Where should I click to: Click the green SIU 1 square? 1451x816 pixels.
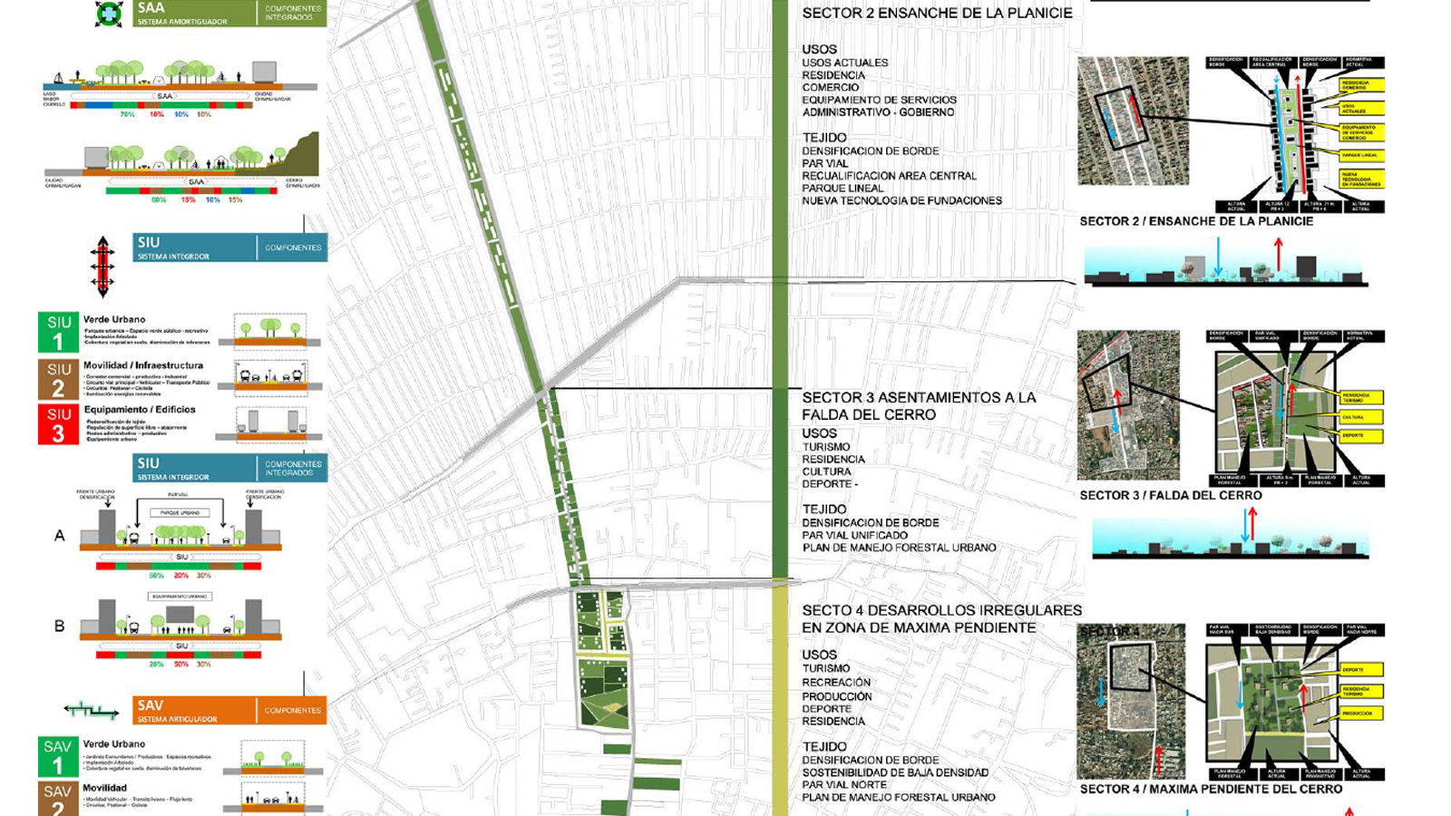point(58,333)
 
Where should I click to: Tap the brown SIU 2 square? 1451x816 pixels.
point(58,379)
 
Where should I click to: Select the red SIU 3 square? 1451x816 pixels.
point(58,423)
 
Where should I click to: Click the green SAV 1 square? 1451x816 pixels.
point(57,756)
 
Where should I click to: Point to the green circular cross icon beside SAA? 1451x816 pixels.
point(109,15)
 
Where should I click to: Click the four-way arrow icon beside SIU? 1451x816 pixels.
point(102,267)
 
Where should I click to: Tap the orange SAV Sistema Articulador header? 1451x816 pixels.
point(229,710)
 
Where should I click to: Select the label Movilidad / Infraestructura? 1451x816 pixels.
point(143,365)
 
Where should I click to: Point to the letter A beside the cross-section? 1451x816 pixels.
point(60,536)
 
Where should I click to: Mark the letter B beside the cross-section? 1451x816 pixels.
point(60,626)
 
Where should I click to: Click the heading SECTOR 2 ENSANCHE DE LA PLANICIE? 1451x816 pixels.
point(937,14)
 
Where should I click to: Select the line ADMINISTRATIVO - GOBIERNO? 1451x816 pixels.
point(878,112)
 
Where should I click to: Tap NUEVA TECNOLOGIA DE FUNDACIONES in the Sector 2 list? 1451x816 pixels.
point(901,200)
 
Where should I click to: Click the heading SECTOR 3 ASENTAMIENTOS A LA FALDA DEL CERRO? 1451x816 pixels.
point(919,405)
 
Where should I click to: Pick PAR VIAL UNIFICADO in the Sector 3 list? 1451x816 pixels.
point(854,535)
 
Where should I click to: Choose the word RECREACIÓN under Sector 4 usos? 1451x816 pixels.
point(836,682)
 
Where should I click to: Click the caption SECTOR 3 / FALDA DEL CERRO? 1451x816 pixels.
point(1170,495)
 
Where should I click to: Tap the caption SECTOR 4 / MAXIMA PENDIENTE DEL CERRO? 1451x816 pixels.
point(1211,789)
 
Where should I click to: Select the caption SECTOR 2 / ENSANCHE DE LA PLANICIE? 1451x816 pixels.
point(1196,221)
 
